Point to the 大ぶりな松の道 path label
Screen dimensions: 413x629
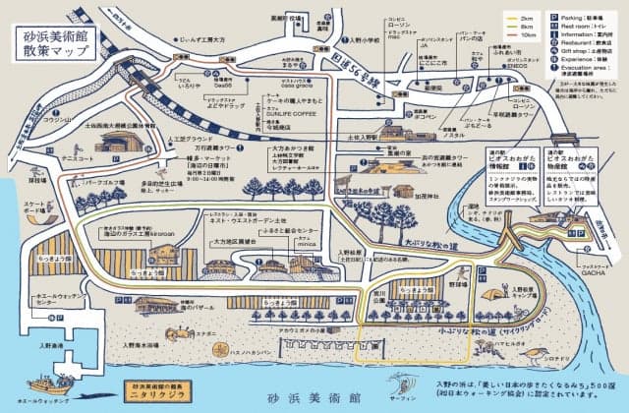pyautogui.click(x=423, y=237)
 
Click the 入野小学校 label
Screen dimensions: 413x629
pyautogui.click(x=361, y=40)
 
